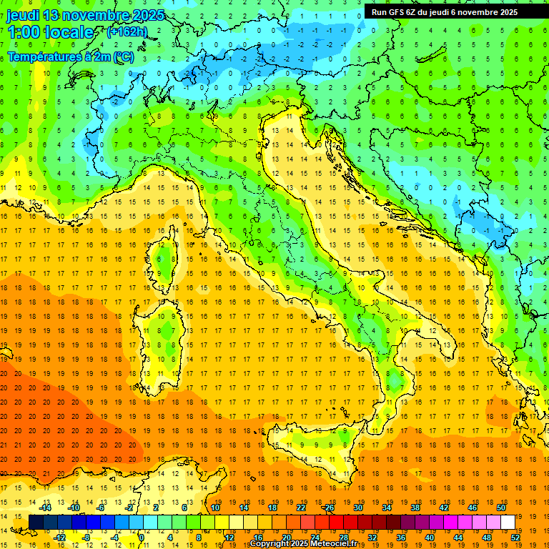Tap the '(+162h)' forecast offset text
pyautogui.click(x=127, y=31)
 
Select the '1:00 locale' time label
pyautogui.click(x=51, y=32)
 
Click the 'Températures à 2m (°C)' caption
pyautogui.click(x=70, y=56)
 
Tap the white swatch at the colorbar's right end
pyautogui.click(x=508, y=522)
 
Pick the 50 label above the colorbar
pyautogui.click(x=501, y=508)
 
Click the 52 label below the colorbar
pyautogui.click(x=515, y=537)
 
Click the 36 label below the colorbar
pyautogui.click(x=401, y=537)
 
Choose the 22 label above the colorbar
pyautogui.click(x=301, y=508)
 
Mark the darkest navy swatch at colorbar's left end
pyautogui.click(x=36, y=522)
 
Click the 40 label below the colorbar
pyautogui.click(x=430, y=537)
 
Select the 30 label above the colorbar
pyautogui.click(x=358, y=508)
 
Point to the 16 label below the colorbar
pyautogui.click(x=258, y=537)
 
